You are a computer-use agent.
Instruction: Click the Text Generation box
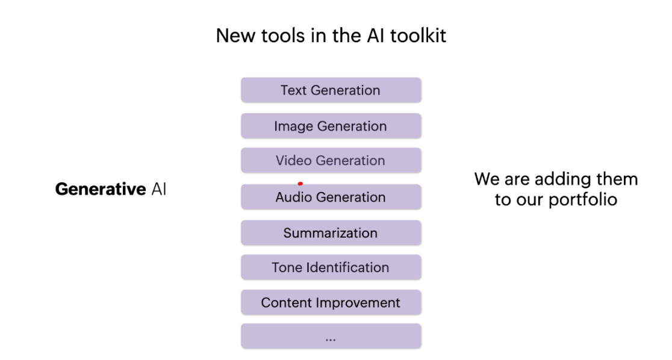click(331, 90)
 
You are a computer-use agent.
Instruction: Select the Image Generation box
click(331, 126)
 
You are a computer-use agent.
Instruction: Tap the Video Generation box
click(331, 161)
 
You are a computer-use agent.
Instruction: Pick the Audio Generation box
click(331, 197)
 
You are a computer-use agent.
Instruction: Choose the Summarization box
click(331, 233)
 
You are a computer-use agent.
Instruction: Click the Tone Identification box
click(331, 267)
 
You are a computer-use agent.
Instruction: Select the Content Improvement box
click(331, 303)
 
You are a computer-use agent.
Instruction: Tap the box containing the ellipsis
click(331, 337)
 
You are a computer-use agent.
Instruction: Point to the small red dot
click(300, 184)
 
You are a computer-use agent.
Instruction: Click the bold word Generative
click(101, 190)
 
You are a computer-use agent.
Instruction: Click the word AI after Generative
click(159, 190)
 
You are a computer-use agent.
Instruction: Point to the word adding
click(555, 179)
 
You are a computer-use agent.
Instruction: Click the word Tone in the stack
click(287, 267)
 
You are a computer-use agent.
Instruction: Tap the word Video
click(293, 161)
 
